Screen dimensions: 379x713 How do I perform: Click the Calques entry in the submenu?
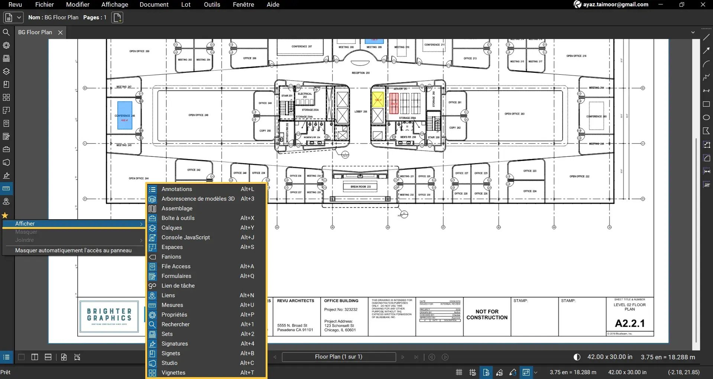(x=172, y=228)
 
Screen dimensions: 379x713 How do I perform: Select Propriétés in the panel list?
(x=174, y=315)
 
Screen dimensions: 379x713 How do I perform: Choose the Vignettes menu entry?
(x=173, y=373)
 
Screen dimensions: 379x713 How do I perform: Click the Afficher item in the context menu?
(x=25, y=224)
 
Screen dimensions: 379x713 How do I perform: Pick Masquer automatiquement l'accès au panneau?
(x=73, y=250)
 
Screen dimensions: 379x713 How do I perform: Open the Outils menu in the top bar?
(x=212, y=4)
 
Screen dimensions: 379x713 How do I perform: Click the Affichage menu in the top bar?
(x=114, y=4)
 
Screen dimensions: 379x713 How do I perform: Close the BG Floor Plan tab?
(x=60, y=32)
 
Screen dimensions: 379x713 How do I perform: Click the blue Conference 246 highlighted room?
(x=124, y=115)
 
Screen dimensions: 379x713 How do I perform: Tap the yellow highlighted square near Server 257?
(x=377, y=100)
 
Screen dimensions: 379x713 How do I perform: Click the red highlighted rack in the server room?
(x=394, y=103)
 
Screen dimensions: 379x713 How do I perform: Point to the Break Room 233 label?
(x=360, y=187)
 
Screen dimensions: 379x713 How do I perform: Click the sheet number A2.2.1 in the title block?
(x=630, y=323)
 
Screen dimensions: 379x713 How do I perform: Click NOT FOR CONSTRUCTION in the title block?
(x=487, y=315)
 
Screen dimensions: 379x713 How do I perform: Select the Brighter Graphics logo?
(x=109, y=316)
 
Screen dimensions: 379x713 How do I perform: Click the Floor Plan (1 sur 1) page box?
(x=338, y=357)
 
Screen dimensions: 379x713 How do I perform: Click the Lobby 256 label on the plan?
(x=360, y=111)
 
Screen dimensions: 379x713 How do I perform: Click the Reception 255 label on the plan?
(x=360, y=73)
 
